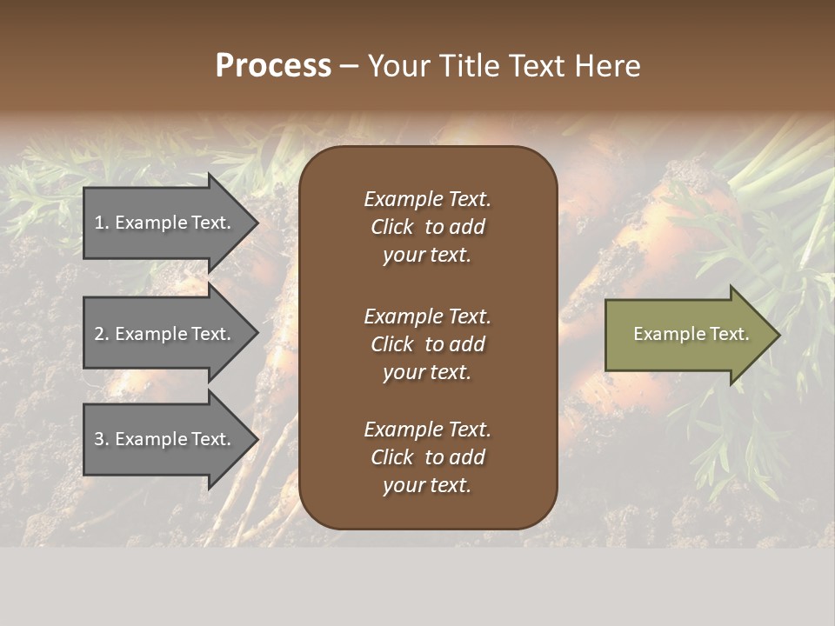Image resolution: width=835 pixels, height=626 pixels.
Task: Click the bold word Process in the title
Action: pos(273,66)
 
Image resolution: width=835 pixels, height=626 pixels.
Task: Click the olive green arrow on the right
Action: pos(687,334)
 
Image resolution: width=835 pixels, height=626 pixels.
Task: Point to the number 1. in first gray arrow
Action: pos(102,223)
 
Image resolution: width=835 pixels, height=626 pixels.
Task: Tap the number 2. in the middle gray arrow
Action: pos(102,334)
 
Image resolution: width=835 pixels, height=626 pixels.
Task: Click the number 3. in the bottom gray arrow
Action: pos(102,439)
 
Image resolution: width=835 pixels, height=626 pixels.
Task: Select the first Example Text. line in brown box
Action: pos(427,199)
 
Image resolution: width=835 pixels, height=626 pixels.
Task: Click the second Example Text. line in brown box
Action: pos(427,316)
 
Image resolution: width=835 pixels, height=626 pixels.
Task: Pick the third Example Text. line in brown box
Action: pos(427,430)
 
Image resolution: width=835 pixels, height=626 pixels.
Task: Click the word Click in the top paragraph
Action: pos(391,227)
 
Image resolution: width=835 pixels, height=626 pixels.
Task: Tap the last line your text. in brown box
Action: pos(427,485)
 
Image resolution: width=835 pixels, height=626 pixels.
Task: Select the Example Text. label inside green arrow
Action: pos(691,334)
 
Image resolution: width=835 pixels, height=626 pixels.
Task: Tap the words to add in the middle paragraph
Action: pos(455,344)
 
